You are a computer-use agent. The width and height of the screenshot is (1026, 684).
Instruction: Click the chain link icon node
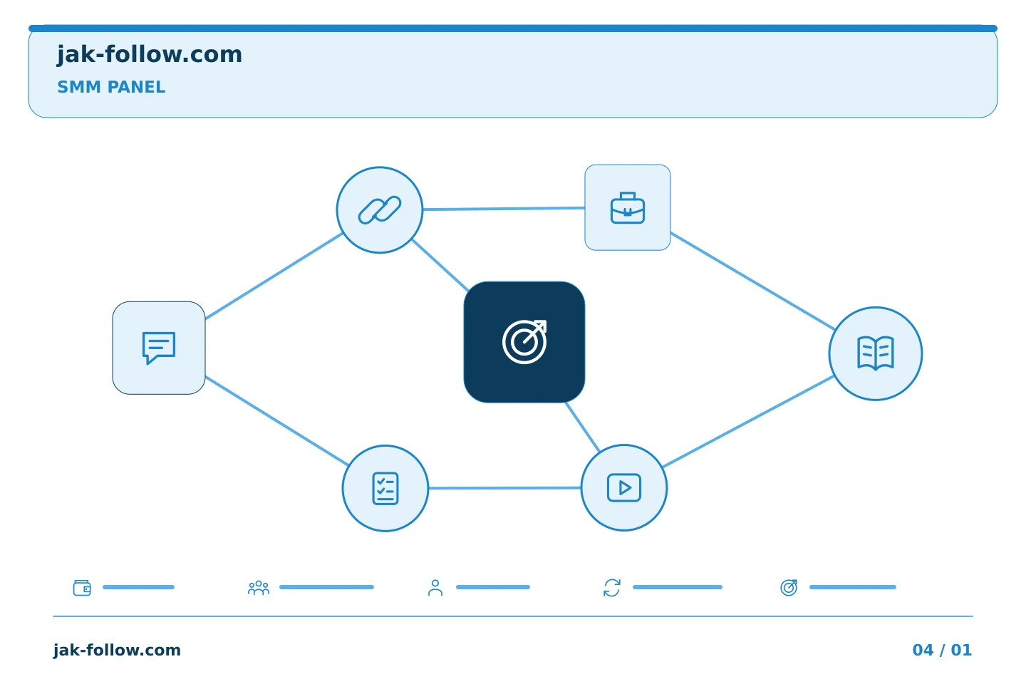(x=379, y=209)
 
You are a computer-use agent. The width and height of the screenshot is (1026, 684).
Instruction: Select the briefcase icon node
(x=628, y=207)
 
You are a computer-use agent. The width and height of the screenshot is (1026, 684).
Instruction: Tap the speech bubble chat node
(x=159, y=348)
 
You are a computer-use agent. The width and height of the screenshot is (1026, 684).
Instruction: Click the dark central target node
(x=524, y=342)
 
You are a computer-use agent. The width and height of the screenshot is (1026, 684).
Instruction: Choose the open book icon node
(x=875, y=353)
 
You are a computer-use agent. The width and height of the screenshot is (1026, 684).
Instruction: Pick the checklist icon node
(x=385, y=488)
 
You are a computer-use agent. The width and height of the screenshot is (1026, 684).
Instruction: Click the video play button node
(x=624, y=487)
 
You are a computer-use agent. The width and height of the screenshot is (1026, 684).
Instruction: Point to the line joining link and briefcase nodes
(x=504, y=209)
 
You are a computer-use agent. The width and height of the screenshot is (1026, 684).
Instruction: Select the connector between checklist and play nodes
(x=504, y=488)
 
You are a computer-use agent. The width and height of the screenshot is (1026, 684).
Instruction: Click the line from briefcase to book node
(x=752, y=281)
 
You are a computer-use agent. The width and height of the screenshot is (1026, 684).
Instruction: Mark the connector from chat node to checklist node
(x=277, y=421)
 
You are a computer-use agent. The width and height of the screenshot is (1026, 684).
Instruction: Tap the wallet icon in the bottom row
(x=82, y=587)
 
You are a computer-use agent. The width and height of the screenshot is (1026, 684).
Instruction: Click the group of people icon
(x=259, y=587)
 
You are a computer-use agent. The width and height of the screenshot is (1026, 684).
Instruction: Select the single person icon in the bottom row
(x=435, y=587)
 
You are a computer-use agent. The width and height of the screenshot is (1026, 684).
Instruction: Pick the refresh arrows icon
(x=612, y=587)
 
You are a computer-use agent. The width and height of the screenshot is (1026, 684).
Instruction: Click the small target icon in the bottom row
(x=789, y=587)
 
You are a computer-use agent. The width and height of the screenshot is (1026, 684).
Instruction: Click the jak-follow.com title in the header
(x=150, y=54)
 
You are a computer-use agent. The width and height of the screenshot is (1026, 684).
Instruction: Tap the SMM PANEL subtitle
(x=111, y=87)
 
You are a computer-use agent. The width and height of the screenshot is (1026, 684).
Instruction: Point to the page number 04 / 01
(x=942, y=650)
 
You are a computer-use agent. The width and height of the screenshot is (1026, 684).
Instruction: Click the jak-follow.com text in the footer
(x=117, y=650)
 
